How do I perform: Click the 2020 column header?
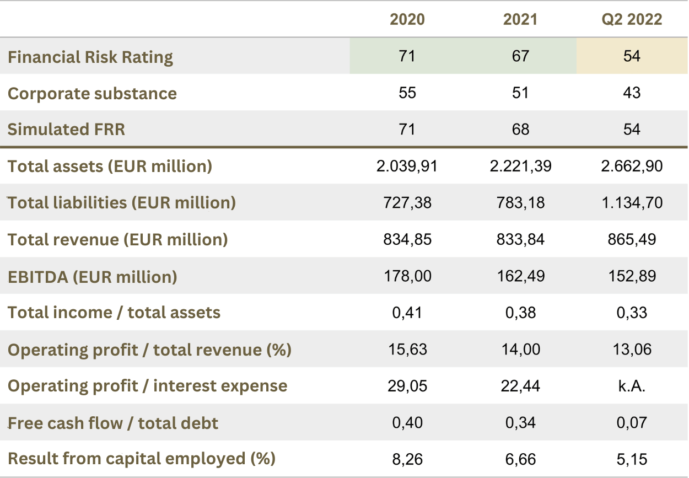tap(407, 20)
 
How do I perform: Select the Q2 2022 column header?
tap(632, 20)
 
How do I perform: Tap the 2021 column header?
tap(520, 20)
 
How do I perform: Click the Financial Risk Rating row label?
tap(90, 57)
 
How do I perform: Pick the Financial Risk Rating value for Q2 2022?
tap(632, 56)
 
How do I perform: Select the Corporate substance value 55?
tap(407, 93)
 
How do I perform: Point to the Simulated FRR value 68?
tap(520, 129)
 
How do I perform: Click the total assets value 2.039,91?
tap(407, 166)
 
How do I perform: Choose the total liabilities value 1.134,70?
tap(632, 202)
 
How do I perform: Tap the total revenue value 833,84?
tap(520, 239)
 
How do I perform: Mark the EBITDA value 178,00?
tap(407, 276)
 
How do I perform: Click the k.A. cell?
tap(632, 386)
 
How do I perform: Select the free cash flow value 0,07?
tap(632, 423)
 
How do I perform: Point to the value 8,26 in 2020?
tap(407, 459)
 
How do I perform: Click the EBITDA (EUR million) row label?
tap(93, 276)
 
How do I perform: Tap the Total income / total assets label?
tap(114, 313)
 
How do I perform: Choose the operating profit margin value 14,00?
tap(520, 349)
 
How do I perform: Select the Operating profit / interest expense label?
tap(147, 386)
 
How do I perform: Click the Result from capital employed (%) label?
tap(142, 459)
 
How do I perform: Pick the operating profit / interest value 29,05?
tap(407, 386)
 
